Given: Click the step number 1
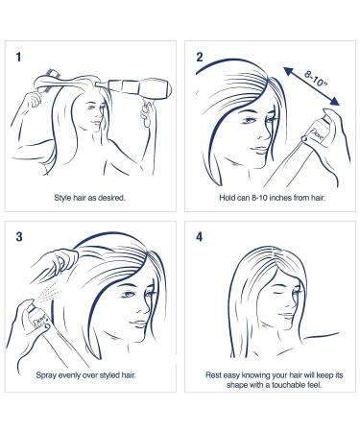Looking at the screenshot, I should click(x=19, y=57).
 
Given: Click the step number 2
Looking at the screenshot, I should click(x=200, y=57).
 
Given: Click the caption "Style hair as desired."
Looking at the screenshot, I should click(x=90, y=198).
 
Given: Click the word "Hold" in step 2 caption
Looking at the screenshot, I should click(x=228, y=198).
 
